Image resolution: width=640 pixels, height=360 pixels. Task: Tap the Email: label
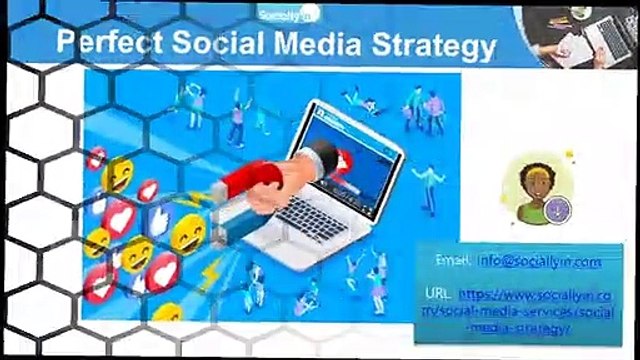coord(455,261)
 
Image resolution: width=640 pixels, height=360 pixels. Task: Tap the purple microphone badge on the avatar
coord(559,210)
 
